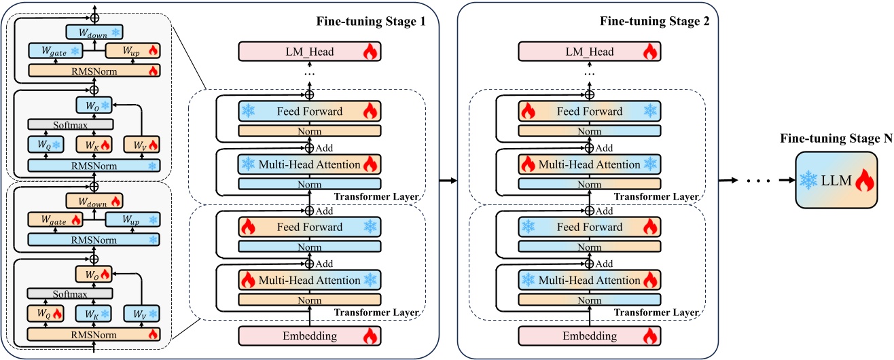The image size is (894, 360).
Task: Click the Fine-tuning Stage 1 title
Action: coord(371,20)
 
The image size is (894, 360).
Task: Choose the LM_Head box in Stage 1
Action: coord(309,51)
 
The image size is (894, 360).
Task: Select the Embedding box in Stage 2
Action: coord(590,336)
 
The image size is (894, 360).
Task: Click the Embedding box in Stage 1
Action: coord(309,336)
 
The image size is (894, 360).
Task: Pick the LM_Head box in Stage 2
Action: coord(590,51)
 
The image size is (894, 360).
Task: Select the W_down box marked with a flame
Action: coord(94,200)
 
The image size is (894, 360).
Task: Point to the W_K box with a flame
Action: coord(93,144)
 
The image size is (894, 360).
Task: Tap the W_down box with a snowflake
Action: coord(94,32)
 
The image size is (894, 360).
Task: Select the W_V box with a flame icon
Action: coord(141,144)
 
